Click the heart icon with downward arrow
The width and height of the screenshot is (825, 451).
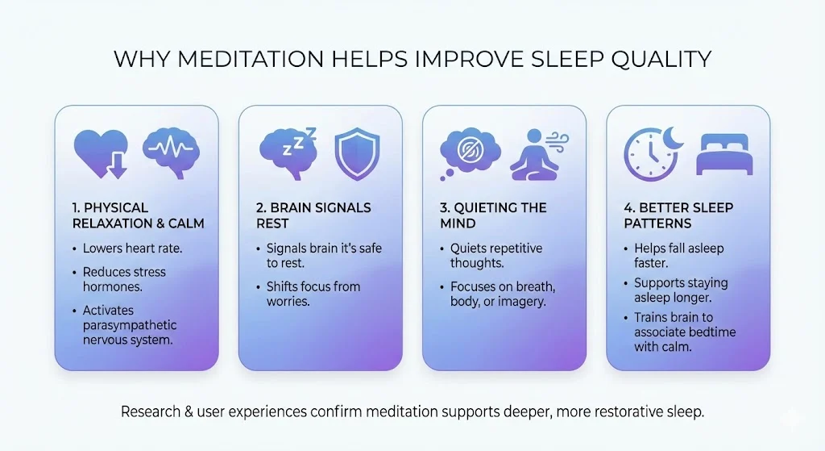click(x=101, y=153)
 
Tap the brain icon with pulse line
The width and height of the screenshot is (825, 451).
click(x=171, y=152)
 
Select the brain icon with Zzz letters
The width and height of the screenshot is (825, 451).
click(x=288, y=153)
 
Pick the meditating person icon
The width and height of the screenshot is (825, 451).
click(x=539, y=155)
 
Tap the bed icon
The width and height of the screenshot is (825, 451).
click(x=724, y=154)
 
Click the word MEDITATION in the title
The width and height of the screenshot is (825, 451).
click(x=251, y=58)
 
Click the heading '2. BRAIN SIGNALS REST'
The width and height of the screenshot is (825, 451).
click(x=313, y=215)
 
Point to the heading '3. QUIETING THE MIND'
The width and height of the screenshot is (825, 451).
click(x=493, y=215)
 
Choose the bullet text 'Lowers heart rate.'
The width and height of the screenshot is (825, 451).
click(x=132, y=248)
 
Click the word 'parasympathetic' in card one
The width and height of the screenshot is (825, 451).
click(x=130, y=325)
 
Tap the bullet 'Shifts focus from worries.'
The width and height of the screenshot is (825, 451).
click(x=313, y=294)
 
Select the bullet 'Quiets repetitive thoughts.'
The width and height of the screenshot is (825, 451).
click(x=495, y=256)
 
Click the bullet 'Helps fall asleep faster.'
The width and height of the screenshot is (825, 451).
click(x=678, y=256)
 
